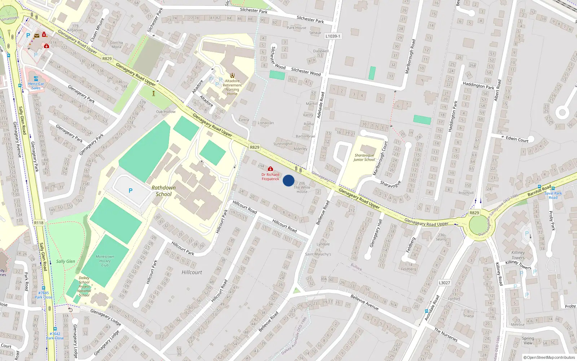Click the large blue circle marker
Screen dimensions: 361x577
point(288,180)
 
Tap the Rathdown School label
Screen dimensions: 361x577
point(164,191)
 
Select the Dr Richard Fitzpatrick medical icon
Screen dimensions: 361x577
point(270,169)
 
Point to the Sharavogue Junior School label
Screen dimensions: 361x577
point(364,157)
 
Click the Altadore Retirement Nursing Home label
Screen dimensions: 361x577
point(232,87)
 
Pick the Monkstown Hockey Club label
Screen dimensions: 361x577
point(105,261)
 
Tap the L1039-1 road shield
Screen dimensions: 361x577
point(332,36)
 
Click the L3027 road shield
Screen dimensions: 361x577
point(444,283)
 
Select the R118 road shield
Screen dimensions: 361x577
point(39,223)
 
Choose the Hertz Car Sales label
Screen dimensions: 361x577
point(36,86)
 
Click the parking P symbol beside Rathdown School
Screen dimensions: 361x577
point(131,191)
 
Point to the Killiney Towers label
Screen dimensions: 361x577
point(518,255)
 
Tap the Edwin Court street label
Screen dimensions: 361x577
point(517,139)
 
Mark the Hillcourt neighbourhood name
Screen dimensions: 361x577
point(192,272)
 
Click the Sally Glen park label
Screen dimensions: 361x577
point(66,261)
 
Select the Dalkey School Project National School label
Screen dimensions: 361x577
point(84,287)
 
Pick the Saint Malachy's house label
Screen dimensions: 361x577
point(318,254)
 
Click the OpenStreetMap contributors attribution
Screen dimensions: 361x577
point(549,357)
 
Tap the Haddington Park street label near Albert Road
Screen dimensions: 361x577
point(479,86)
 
